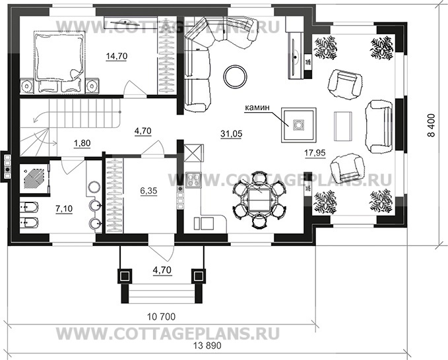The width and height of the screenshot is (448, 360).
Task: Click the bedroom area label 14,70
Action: (116, 57)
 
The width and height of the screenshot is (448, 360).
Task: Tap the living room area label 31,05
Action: (232, 134)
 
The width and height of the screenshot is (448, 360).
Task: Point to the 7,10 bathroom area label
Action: (64, 208)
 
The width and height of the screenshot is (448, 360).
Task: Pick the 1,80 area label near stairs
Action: (82, 142)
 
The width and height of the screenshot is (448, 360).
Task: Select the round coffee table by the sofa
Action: (234, 76)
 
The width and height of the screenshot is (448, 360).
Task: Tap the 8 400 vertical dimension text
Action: (432, 125)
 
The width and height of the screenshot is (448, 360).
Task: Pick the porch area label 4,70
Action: (162, 269)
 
